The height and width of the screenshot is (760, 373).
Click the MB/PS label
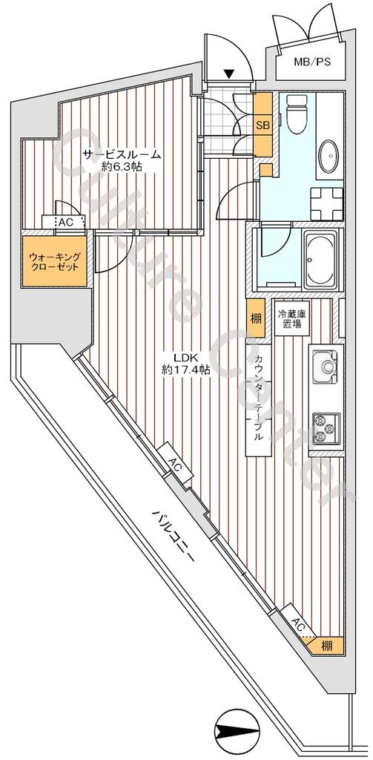[x=312, y=62]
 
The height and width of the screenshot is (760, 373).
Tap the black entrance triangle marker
[x=230, y=74]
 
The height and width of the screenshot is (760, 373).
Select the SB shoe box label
[x=263, y=125]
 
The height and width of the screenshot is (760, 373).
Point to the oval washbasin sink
[x=331, y=156]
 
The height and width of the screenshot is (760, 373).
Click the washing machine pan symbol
[x=327, y=202]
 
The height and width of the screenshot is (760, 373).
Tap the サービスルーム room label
[x=121, y=155]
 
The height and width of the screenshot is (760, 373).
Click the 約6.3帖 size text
[x=122, y=167]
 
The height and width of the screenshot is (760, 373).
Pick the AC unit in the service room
[x=64, y=223]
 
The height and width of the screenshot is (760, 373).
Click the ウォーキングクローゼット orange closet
[x=54, y=262]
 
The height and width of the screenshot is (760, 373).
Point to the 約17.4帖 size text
[x=185, y=370]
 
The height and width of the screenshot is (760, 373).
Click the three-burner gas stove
[x=326, y=429]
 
